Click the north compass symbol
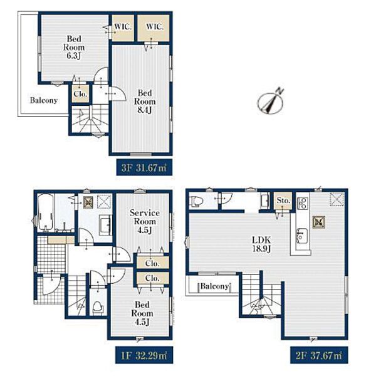point(270,102)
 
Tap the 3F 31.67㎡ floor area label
point(144,167)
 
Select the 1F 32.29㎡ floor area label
point(144,355)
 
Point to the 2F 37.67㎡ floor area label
point(319,355)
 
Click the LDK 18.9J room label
point(261,244)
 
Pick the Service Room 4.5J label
point(145,221)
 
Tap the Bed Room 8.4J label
point(145,102)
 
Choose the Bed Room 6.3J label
point(74,47)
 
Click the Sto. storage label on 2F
point(283,200)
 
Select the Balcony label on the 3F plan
point(44,100)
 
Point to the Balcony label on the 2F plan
point(214,286)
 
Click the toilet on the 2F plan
point(196,201)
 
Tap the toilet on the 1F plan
point(97,307)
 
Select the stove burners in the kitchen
point(303,203)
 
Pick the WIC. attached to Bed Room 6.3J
point(123,26)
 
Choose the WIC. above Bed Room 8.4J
point(155,26)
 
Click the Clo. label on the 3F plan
point(80,94)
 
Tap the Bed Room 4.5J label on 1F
point(142,313)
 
